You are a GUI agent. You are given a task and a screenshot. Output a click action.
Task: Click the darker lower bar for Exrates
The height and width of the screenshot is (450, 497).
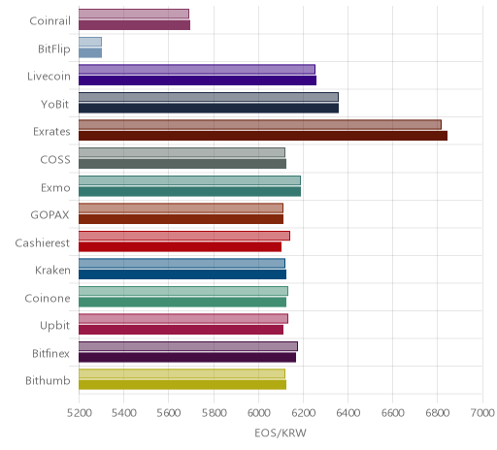click(x=263, y=136)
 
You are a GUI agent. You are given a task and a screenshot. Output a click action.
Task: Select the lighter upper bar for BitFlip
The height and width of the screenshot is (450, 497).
click(x=90, y=42)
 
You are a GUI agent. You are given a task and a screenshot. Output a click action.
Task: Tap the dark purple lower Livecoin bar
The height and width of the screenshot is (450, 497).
click(x=197, y=80)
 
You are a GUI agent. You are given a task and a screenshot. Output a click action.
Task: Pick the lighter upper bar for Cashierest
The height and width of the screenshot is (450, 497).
click(x=184, y=236)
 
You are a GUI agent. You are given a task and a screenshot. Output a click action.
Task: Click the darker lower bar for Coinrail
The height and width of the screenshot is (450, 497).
click(x=134, y=25)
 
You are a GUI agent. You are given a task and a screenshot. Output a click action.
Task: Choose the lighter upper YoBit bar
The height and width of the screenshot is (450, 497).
click(x=209, y=97)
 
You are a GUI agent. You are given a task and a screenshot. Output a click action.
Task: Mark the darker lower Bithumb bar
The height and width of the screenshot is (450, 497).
click(x=182, y=385)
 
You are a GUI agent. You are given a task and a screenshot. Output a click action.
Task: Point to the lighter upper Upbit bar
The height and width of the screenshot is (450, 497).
click(x=183, y=319)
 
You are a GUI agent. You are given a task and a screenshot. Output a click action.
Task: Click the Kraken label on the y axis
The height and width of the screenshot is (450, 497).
click(x=52, y=270)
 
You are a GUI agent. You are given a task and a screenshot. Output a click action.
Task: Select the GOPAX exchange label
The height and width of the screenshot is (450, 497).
click(x=50, y=215)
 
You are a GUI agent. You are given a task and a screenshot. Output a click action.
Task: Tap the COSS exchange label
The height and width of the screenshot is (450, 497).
click(x=55, y=160)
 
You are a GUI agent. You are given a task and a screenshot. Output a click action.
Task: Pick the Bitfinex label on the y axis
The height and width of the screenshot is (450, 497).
click(x=50, y=353)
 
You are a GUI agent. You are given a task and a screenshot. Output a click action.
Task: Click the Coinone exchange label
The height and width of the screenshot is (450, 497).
click(x=48, y=298)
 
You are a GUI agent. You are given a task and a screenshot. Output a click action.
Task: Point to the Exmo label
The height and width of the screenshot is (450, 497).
click(x=55, y=187)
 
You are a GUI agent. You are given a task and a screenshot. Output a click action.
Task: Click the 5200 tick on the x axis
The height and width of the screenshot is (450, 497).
click(x=79, y=413)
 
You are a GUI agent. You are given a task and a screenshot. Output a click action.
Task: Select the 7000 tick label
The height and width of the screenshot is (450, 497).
click(x=482, y=413)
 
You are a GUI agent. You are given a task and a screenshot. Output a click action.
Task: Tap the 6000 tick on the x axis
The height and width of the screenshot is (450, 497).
click(x=258, y=413)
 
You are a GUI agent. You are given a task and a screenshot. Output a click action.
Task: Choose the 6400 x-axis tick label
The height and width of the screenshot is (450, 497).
click(x=348, y=413)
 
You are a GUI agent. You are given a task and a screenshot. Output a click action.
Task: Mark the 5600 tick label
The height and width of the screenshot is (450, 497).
click(x=169, y=413)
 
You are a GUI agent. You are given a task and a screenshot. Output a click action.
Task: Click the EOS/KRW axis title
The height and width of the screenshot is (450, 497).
click(x=281, y=433)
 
